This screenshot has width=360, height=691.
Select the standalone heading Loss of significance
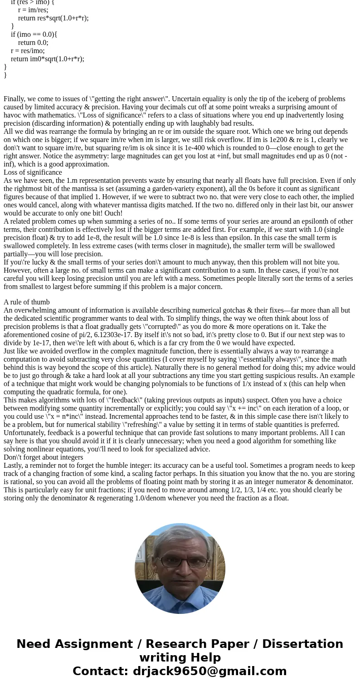33,172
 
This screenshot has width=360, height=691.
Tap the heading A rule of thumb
27,302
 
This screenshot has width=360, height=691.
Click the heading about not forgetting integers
44,457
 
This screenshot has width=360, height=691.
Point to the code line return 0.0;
33,43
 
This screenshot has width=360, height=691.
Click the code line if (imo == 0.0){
34,34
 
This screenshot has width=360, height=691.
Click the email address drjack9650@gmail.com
209,671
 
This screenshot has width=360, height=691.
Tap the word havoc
13,115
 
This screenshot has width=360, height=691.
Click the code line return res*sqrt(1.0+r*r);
54,18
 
